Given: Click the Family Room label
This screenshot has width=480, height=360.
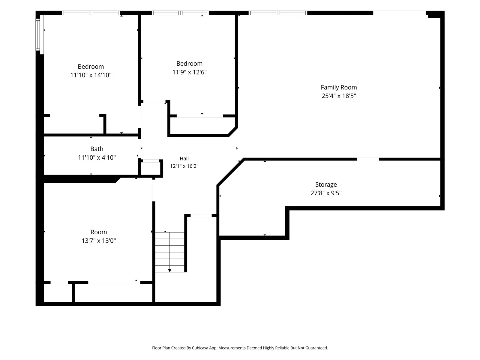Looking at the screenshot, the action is coord(338,87).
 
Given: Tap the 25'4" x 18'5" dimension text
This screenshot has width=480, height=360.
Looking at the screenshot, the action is coord(338,96).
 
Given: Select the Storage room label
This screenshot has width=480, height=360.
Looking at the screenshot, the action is coord(326,185).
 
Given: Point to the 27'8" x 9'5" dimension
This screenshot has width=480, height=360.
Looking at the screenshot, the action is coord(326,193).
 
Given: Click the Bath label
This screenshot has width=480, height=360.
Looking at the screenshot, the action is coord(97,149).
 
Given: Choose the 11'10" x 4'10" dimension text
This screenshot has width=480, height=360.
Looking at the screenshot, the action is coord(97,157).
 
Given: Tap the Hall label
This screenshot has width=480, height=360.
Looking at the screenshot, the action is coord(184,158).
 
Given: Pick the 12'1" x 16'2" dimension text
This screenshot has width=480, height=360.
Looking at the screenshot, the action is coord(184,166).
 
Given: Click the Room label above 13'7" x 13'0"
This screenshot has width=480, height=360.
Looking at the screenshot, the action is coord(99,232).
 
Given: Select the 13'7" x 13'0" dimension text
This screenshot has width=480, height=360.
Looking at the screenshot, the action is coord(99,241).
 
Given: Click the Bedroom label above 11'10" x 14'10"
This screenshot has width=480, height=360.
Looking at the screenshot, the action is coord(91,66).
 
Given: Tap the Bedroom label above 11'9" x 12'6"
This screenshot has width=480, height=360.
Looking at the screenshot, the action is coord(189,64).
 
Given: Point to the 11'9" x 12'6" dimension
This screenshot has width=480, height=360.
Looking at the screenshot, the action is coord(189,72).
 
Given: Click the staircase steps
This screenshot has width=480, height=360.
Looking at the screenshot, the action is coord(170,252).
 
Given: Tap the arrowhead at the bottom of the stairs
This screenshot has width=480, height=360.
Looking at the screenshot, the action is coord(170,271).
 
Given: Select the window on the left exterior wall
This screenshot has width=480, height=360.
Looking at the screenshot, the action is coord(38,35).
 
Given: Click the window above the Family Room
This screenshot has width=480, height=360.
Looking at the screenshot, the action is coord(278,13).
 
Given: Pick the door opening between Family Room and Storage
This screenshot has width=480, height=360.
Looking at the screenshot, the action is coord(368,159).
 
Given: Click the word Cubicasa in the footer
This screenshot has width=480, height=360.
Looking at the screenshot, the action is coord(200,348).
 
